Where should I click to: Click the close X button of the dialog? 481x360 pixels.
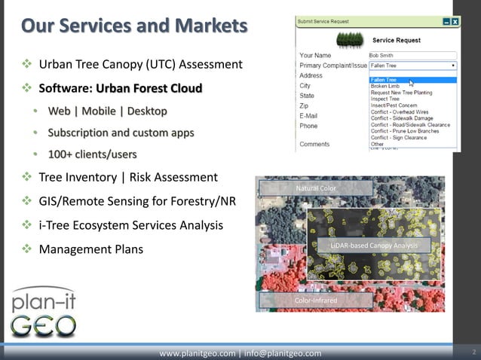455,22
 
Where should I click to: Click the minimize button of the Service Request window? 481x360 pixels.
446,22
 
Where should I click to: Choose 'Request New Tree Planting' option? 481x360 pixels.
401,93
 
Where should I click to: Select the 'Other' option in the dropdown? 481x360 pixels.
377,145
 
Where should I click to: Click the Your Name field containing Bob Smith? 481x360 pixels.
412,55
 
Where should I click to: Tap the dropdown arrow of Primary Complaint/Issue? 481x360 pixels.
452,66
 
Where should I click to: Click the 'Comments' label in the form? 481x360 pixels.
314,144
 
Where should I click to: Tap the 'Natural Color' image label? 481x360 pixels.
317,188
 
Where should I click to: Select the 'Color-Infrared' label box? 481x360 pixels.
317,301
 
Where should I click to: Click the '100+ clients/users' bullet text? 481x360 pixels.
93,154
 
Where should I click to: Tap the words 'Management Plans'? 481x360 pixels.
90,249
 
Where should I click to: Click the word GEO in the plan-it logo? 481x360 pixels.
43,325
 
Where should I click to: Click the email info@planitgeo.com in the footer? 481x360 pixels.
283,353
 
